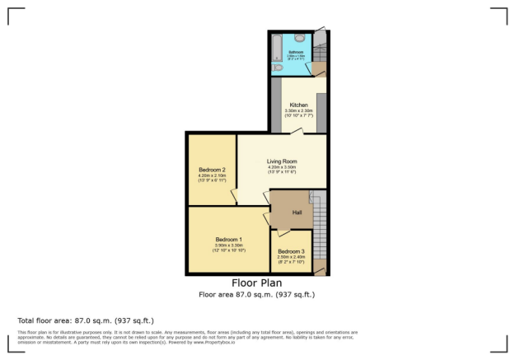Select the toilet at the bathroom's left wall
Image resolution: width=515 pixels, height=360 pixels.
tap(278, 69)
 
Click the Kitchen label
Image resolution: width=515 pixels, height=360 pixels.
tap(298, 105)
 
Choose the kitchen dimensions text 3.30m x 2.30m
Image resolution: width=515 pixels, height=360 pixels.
tap(298, 110)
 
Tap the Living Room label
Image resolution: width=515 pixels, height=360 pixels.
tap(282, 161)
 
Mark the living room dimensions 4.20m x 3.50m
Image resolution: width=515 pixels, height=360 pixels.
tap(282, 167)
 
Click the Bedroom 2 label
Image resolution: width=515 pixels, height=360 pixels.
tap(212, 171)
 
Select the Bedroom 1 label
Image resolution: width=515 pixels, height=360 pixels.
tap(228, 240)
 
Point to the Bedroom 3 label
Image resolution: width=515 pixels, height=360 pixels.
tap(291, 251)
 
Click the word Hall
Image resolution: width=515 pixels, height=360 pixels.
tap(297, 213)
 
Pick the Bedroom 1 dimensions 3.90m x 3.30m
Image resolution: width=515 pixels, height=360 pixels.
tap(228, 245)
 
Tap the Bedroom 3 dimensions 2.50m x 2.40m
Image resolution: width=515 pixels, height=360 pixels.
tap(291, 257)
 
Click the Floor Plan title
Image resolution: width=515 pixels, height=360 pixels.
tap(256, 283)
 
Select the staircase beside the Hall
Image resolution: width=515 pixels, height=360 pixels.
tap(320, 231)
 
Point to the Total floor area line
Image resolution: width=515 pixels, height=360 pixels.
tap(86, 320)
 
